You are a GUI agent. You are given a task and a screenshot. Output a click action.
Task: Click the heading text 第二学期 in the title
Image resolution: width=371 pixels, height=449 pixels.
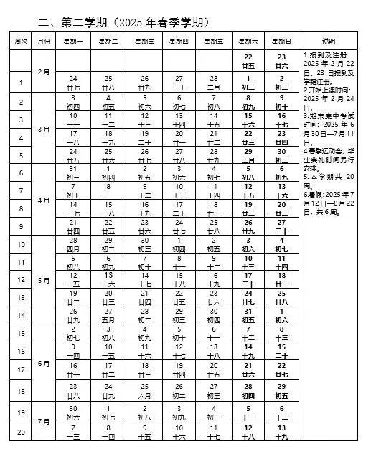click(79, 22)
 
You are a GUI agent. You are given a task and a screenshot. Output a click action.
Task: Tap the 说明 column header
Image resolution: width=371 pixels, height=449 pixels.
click(328, 41)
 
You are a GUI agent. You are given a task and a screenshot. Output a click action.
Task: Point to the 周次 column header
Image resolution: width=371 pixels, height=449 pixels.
click(22, 41)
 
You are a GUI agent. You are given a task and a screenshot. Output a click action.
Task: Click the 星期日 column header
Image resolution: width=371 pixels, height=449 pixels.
click(281, 41)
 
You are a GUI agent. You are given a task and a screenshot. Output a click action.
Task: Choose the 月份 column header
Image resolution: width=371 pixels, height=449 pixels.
click(44, 41)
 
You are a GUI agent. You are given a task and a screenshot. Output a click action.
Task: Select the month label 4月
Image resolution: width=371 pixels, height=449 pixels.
click(44, 201)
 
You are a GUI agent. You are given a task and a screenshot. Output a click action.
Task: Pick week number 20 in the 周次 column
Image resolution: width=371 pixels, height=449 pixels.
click(22, 433)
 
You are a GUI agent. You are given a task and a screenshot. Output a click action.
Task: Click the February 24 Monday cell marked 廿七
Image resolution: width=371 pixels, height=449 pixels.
click(74, 82)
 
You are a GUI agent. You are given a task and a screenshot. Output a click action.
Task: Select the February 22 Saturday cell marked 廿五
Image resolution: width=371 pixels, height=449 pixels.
click(249, 60)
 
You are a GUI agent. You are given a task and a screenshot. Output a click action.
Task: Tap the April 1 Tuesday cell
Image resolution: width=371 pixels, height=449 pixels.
click(109, 172)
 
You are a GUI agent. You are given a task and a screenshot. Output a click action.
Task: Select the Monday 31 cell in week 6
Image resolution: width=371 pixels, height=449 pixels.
click(74, 172)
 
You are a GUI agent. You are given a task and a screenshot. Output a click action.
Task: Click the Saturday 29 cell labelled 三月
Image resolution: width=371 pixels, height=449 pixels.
click(249, 155)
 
